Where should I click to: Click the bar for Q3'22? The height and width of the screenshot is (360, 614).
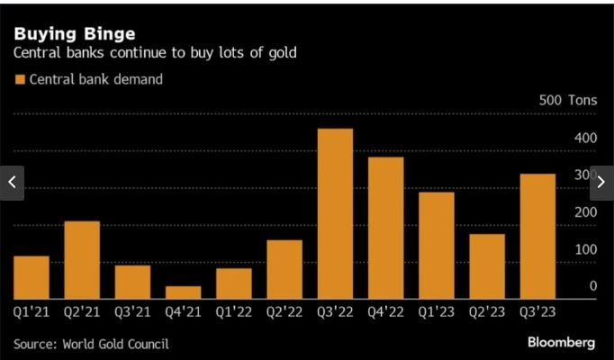335,214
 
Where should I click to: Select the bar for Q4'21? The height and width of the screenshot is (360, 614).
183,292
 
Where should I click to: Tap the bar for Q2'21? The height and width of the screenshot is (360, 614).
82,260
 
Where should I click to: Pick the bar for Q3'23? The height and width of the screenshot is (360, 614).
537,237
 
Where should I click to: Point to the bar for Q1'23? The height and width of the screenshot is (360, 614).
437,246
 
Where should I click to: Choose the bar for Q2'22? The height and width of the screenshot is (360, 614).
284,269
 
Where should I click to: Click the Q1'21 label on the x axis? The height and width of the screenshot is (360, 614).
31,311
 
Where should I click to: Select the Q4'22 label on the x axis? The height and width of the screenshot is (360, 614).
385,311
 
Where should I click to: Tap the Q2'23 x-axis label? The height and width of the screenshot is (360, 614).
487,311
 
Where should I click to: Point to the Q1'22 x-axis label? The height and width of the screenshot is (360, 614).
233,311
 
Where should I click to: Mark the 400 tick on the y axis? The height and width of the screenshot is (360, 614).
586,138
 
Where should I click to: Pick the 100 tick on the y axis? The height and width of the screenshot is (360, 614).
586,248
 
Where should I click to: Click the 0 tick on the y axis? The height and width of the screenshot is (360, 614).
593,286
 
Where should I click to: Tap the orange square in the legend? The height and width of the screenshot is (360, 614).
19,79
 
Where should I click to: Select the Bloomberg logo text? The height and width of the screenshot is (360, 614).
561,342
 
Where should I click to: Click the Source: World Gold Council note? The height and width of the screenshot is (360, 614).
91,343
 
